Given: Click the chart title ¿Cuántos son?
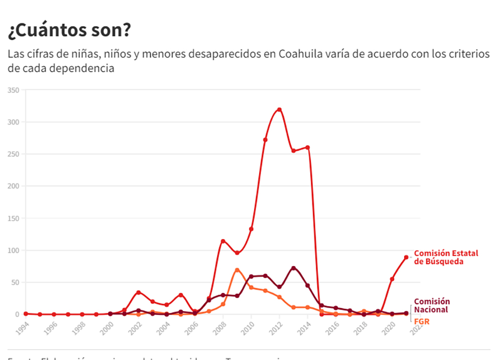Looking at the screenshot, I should tap(69, 31).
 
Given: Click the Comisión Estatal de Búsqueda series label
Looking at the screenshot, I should tap(446, 257).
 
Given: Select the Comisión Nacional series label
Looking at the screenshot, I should tap(432, 305).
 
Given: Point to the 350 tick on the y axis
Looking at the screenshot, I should tap(13, 90).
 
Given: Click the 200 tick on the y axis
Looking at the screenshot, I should tap(13, 186).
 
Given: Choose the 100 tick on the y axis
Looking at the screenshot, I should tap(13, 251).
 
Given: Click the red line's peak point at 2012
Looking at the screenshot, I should tap(279, 109).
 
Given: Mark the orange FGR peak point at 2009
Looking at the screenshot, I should tap(237, 270).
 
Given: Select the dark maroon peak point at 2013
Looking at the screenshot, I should tap(294, 268).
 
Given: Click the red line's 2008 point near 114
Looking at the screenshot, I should tap(223, 241).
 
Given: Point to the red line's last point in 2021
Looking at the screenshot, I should tap(406, 257).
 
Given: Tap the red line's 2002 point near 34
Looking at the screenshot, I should tap(139, 292).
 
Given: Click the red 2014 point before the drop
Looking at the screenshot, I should tap(308, 147).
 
